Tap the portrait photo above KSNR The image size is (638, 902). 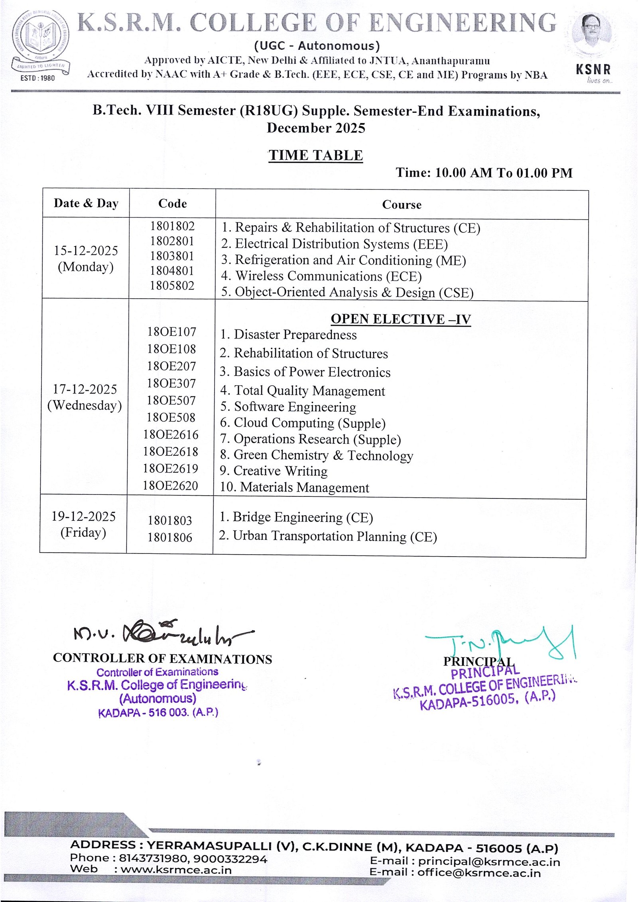pos(593,34)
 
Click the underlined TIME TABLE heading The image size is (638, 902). pos(315,155)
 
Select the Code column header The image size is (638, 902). pos(172,203)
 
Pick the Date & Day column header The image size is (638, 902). pos(86,203)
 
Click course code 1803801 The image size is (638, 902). pos(172,256)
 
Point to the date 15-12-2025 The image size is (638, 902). pos(86,250)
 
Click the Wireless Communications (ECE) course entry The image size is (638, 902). pos(321,276)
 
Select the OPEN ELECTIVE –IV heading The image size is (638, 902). pos(401,319)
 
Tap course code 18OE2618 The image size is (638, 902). pos(171,451)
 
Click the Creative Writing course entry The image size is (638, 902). pos(274,471)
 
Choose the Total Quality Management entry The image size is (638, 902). pos(303,390)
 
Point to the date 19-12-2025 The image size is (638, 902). pos(83,516)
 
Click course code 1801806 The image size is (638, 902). pos(170,538)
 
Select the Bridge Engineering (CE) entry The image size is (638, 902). pos(296,517)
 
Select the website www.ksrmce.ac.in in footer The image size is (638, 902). pos(176,870)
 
